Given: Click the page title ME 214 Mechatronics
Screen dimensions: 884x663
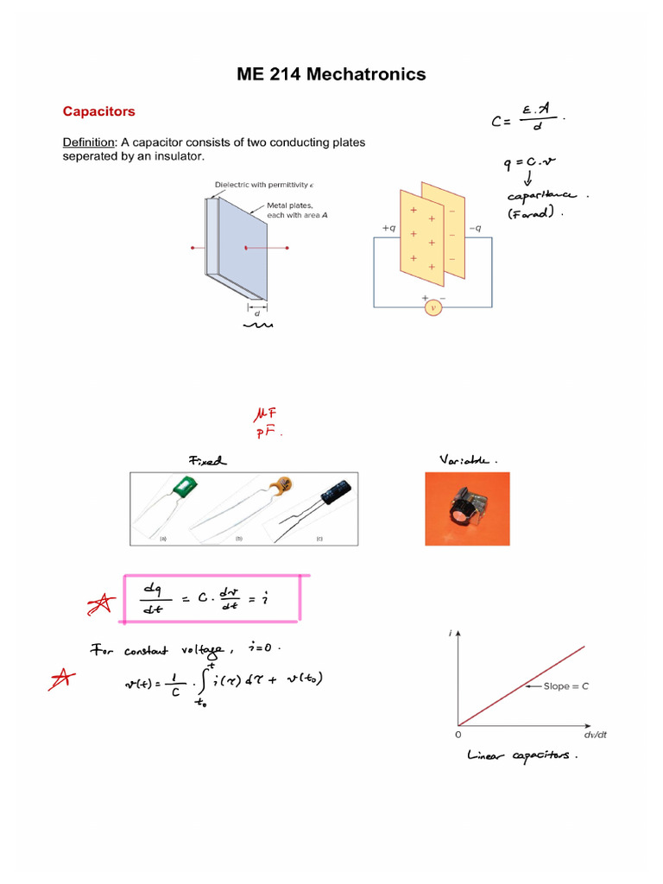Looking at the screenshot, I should click(x=331, y=74).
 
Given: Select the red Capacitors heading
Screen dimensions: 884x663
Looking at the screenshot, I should click(x=98, y=111).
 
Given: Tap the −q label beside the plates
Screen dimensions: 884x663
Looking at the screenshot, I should click(x=475, y=228).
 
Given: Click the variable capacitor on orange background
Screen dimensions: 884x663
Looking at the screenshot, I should click(x=466, y=510).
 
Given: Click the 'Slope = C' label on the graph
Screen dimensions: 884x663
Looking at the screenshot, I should click(x=566, y=686).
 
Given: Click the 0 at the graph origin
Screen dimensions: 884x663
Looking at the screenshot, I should click(x=458, y=735).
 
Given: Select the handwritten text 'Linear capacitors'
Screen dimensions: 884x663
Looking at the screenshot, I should click(x=521, y=756).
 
